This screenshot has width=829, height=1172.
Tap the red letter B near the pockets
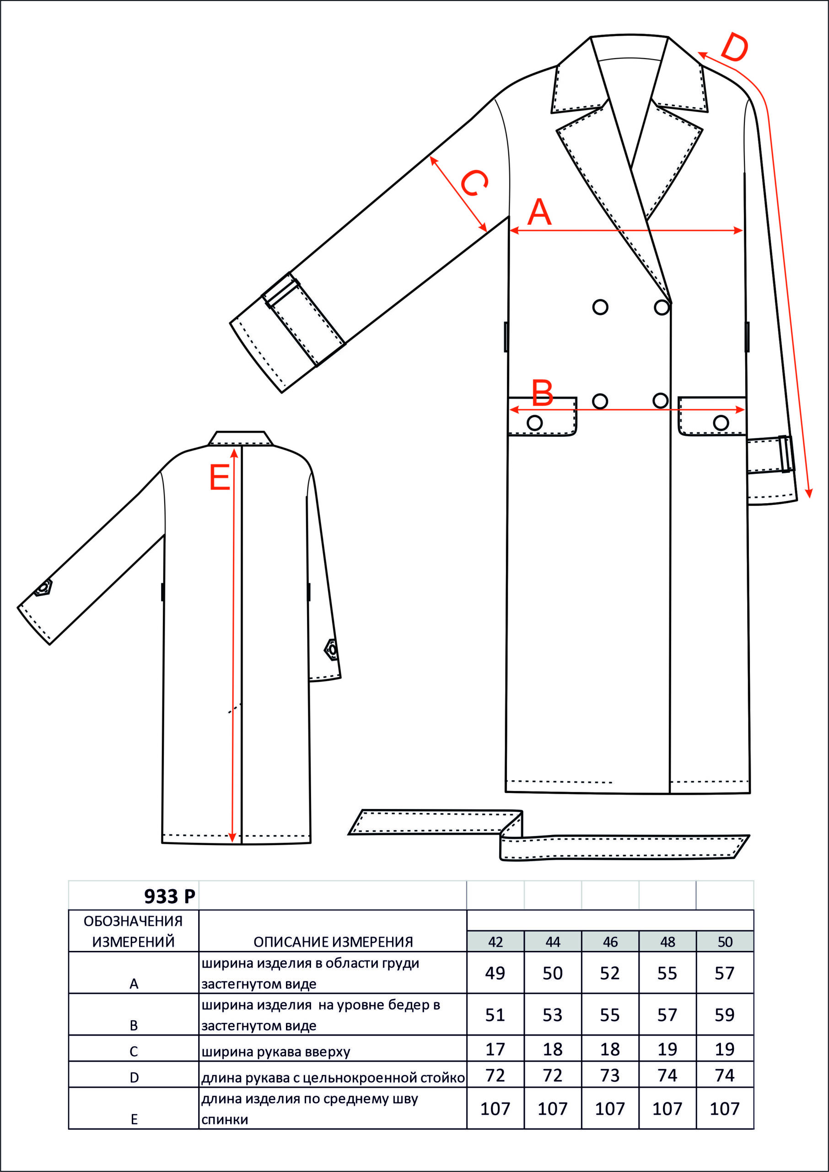(x=543, y=393)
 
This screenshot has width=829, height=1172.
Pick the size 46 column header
(x=610, y=942)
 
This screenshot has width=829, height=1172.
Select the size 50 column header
(x=725, y=942)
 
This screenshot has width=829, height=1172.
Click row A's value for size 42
(x=495, y=973)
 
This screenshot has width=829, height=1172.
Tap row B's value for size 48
(x=667, y=1015)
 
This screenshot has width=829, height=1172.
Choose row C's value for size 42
(x=495, y=1049)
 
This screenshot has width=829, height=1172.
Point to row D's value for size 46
(x=610, y=1075)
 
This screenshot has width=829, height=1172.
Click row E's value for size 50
(x=725, y=1109)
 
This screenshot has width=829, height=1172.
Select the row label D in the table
(x=134, y=1078)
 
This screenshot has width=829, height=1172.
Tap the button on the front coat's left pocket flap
(x=534, y=423)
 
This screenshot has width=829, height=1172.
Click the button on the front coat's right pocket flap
(x=721, y=423)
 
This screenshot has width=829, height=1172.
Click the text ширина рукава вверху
(x=276, y=1052)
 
